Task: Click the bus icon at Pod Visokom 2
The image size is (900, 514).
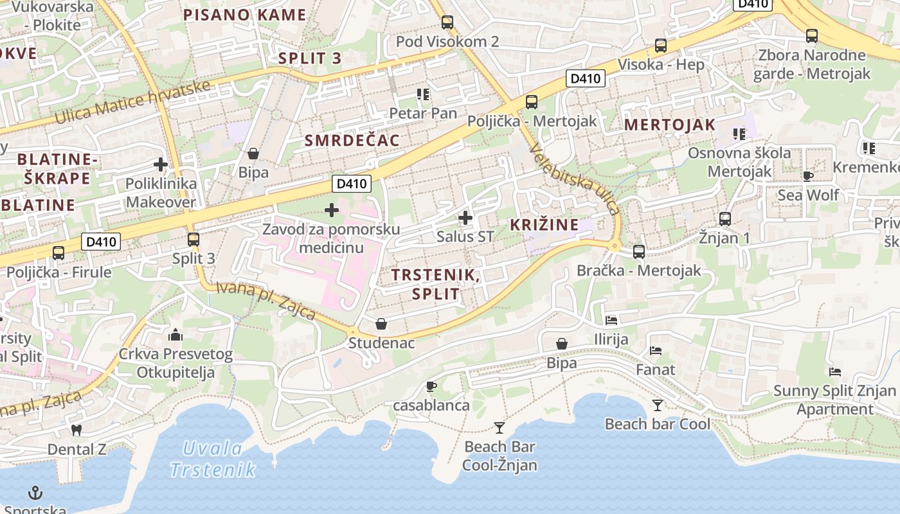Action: (447, 22)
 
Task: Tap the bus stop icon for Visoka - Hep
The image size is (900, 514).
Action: (661, 46)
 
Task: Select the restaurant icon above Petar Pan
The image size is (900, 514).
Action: (423, 94)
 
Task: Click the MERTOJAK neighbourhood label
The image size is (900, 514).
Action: (670, 125)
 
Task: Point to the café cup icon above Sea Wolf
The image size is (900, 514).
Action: (808, 176)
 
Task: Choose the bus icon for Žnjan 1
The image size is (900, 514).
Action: (725, 219)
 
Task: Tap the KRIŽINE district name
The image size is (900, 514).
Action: (544, 225)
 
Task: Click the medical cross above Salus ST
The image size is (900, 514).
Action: (465, 218)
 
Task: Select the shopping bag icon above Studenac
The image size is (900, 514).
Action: (381, 324)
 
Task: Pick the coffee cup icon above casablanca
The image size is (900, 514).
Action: (431, 386)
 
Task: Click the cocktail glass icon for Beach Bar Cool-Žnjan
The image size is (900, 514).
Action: (500, 427)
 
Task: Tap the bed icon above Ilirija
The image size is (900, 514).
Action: (611, 320)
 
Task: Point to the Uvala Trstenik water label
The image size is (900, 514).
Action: (213, 459)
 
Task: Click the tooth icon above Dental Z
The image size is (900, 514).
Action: (76, 430)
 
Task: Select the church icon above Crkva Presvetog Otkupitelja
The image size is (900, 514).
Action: (175, 335)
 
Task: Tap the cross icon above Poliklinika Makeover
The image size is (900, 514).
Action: (161, 164)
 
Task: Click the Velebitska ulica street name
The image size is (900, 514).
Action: (575, 179)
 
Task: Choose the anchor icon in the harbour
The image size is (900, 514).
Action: (35, 493)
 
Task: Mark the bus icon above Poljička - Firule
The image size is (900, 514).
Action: (59, 253)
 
